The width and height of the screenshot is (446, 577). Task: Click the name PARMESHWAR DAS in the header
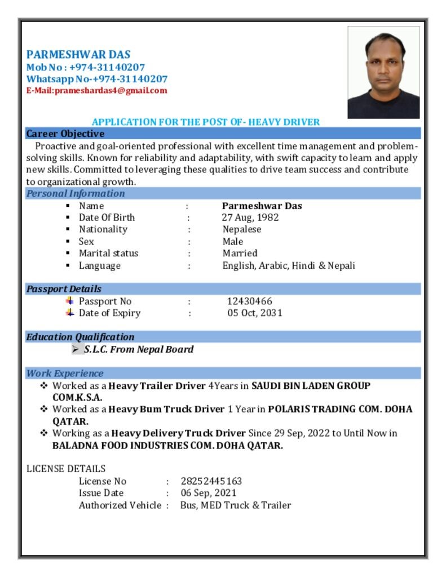click(x=78, y=55)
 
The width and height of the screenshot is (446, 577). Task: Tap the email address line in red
click(x=96, y=90)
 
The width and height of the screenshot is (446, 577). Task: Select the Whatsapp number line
click(x=96, y=79)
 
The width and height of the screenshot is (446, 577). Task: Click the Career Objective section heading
click(x=65, y=134)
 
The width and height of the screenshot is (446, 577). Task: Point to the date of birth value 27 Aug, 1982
click(x=250, y=218)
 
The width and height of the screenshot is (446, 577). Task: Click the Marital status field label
click(x=108, y=254)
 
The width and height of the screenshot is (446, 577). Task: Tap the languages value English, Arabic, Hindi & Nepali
click(x=289, y=265)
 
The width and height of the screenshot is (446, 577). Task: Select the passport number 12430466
click(x=250, y=301)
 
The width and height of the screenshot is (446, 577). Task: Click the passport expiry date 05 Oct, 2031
click(x=255, y=313)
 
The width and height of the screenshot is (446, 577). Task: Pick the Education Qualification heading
click(x=80, y=337)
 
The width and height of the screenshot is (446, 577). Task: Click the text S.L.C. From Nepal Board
click(x=139, y=349)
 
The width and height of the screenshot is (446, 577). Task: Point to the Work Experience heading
click(x=65, y=373)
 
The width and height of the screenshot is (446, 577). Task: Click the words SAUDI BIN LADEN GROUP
click(x=311, y=386)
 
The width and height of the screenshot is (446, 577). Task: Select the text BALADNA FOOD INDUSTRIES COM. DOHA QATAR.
click(x=167, y=446)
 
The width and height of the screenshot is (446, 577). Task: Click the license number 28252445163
click(x=211, y=481)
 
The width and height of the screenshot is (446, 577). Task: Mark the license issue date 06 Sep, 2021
click(x=209, y=493)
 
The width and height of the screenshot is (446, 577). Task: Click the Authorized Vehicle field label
click(x=120, y=505)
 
